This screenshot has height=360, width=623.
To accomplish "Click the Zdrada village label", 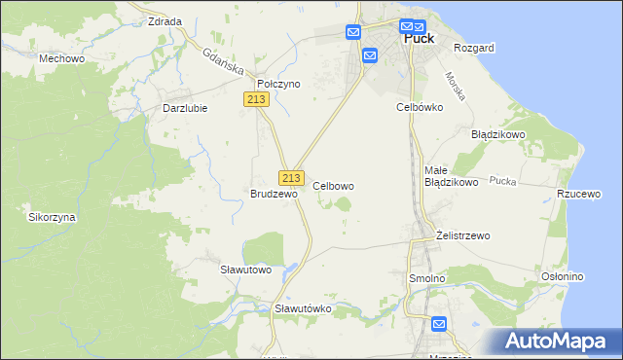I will pyautogui.click(x=165, y=20).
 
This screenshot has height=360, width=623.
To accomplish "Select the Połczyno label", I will pyautogui.click(x=278, y=84).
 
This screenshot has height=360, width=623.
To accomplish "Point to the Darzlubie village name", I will pyautogui.click(x=185, y=108).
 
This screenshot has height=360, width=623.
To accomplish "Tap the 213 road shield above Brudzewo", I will pyautogui.click(x=290, y=178).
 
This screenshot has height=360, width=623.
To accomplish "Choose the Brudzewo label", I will pyautogui.click(x=274, y=194).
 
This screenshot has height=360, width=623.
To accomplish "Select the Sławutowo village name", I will pyautogui.click(x=244, y=269).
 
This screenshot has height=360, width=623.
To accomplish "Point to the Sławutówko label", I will pyautogui.click(x=304, y=307).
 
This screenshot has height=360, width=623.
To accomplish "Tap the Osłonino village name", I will pyautogui.click(x=562, y=276).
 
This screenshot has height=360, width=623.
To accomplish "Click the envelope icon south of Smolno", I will pyautogui.click(x=438, y=324).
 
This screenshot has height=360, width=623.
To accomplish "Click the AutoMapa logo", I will pyautogui.click(x=561, y=342).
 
